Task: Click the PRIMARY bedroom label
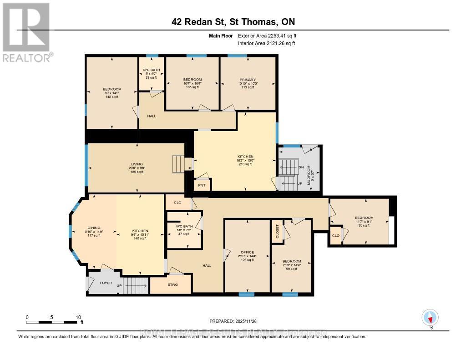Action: click(x=248, y=80)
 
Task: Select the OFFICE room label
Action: click(x=248, y=252)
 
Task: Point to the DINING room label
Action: click(x=94, y=228)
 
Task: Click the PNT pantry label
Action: click(x=202, y=185)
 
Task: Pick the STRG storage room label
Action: click(x=172, y=285)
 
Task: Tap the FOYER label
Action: click(x=106, y=283)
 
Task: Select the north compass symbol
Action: click(x=430, y=318)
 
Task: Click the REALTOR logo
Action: click(x=27, y=32)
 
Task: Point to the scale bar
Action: click(x=53, y=322)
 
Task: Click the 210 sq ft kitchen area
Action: click(x=245, y=164)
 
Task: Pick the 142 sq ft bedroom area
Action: click(x=111, y=97)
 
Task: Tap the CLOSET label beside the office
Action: click(x=277, y=231)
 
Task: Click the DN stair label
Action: click(x=301, y=167)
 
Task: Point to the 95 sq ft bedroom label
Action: click(x=364, y=225)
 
